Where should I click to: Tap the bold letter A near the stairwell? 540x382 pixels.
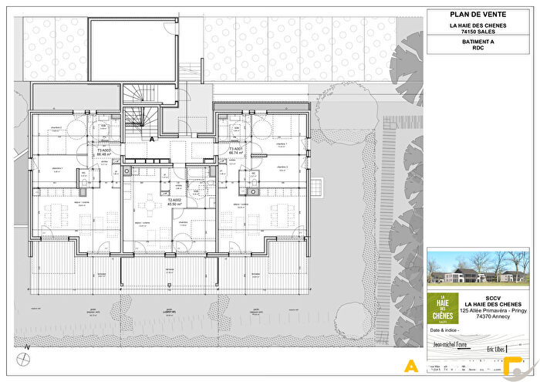[153, 140]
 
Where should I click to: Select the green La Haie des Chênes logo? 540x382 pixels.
[443, 306]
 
